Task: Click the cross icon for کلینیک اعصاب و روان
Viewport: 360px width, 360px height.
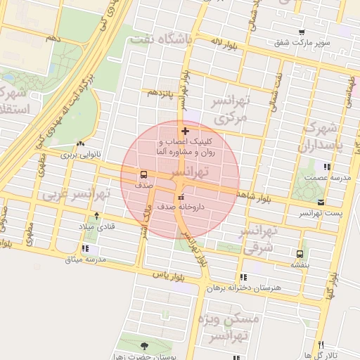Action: (185, 131)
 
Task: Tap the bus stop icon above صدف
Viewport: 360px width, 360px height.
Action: (143, 175)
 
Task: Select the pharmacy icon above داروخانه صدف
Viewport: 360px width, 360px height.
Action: (181, 196)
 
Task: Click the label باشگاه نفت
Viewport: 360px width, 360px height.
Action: (161, 39)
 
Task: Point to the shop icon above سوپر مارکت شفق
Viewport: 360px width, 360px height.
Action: (302, 32)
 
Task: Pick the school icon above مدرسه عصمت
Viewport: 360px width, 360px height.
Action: (326, 167)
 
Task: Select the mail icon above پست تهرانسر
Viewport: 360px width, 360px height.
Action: (321, 202)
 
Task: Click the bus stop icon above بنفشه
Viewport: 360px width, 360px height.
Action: (300, 253)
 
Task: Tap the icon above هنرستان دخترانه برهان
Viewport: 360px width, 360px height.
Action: (243, 277)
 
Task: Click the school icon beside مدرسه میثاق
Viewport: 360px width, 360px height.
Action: (85, 248)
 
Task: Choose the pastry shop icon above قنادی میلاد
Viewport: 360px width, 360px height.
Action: (97, 216)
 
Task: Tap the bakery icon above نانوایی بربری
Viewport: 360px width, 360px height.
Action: (79, 143)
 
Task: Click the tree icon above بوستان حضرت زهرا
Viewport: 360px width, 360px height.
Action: (145, 346)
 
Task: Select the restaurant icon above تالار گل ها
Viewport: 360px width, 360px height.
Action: (321, 344)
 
